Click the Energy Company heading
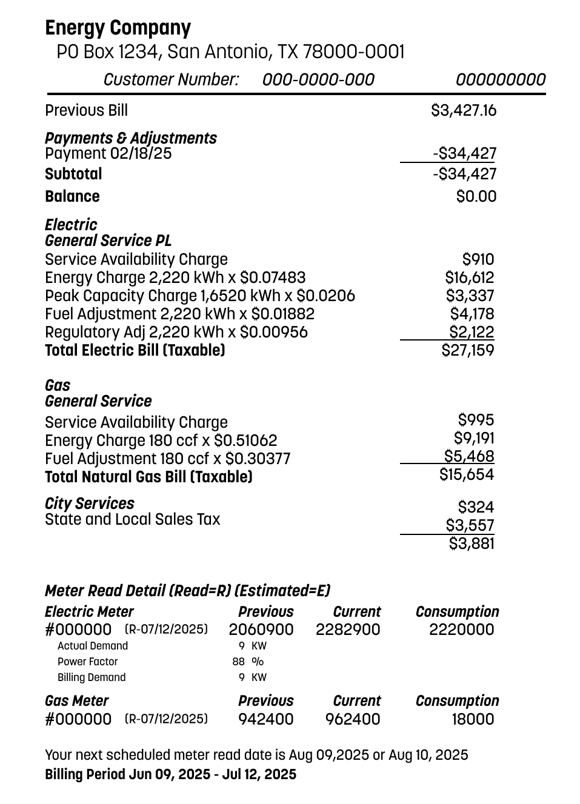point(118,28)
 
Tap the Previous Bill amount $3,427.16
point(464,110)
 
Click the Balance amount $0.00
point(476,196)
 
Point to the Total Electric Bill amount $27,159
point(468,350)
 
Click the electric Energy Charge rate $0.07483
point(273,278)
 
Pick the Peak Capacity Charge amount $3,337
point(470,296)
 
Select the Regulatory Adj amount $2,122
point(472,332)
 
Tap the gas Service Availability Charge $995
point(476,420)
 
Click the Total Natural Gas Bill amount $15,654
point(467,474)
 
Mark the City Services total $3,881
point(472,543)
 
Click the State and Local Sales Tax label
point(133,520)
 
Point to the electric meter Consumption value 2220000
point(462,630)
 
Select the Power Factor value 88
point(238,662)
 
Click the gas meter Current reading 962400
point(353,719)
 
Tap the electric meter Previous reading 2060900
point(261,630)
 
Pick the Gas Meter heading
point(76,701)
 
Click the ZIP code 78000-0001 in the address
point(353,52)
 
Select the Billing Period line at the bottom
point(170,774)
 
